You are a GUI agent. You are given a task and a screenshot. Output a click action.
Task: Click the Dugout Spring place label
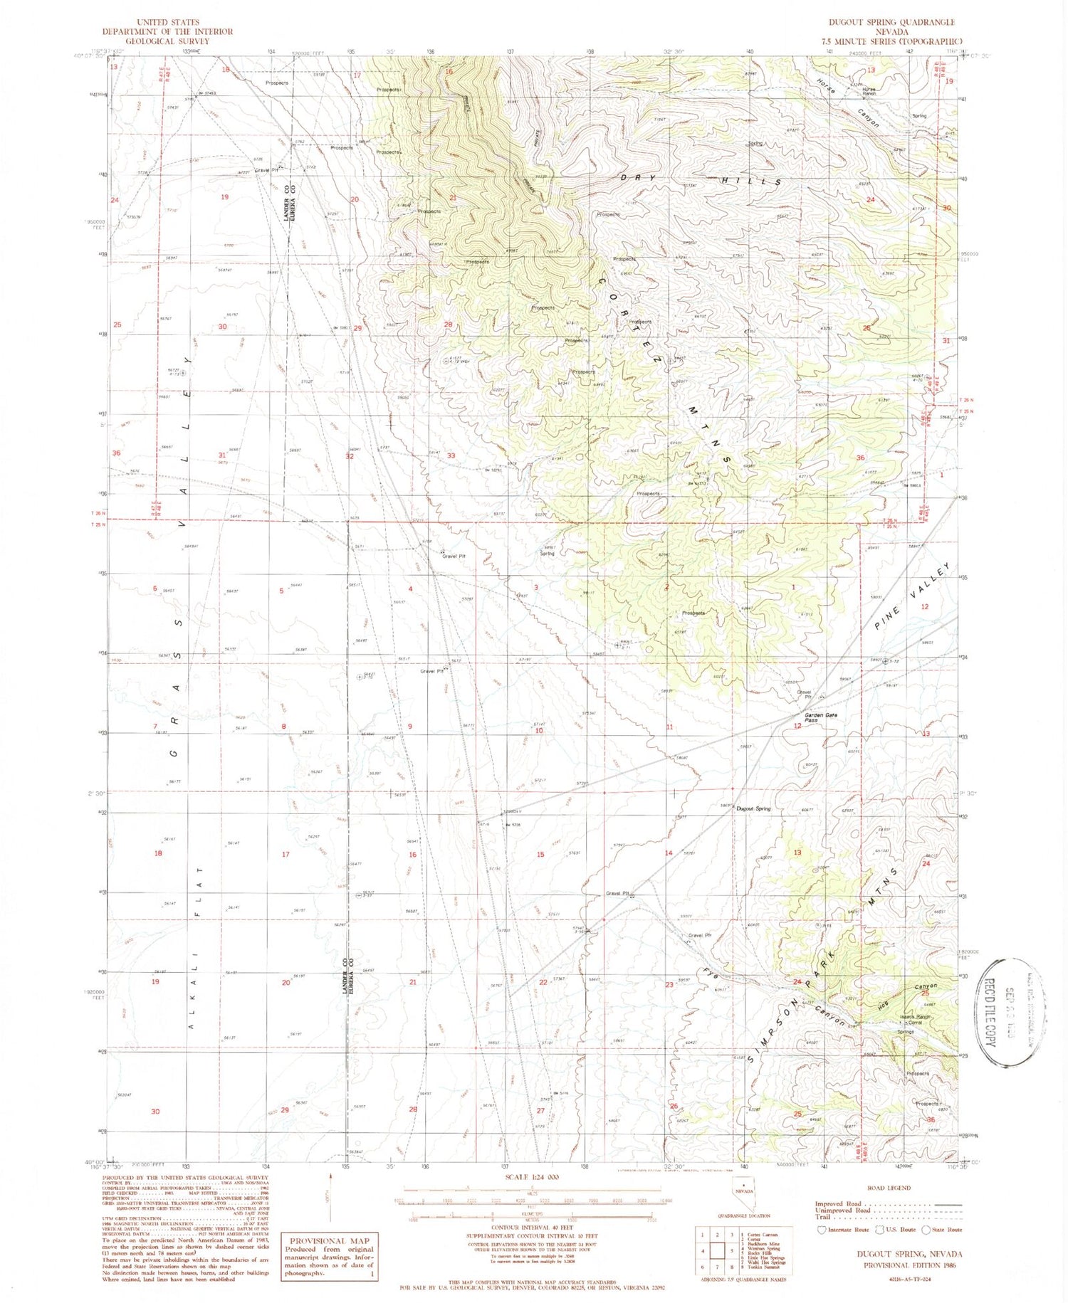point(753,808)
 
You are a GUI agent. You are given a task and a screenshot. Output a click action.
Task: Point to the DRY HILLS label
point(701,179)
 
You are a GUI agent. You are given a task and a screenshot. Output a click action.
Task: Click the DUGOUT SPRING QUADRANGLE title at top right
point(888,23)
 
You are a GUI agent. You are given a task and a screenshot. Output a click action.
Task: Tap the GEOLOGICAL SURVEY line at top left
point(167,41)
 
